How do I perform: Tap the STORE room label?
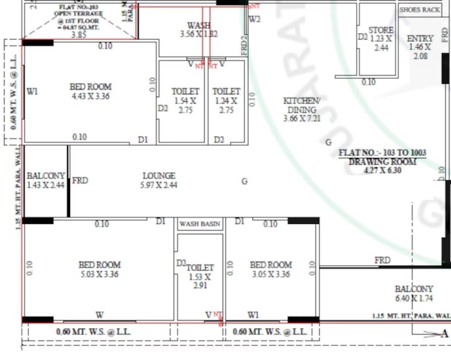point(381,30)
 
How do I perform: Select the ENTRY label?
point(420,39)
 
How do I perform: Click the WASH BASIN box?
point(200,224)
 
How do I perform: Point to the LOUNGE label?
point(159,176)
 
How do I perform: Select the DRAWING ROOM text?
point(382,162)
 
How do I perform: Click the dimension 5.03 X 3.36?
point(99,274)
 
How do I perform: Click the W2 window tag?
point(255,19)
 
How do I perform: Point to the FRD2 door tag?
point(244,45)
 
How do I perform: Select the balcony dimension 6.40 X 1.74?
point(414,298)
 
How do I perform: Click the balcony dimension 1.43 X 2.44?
point(46,185)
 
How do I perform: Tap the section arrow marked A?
point(445,333)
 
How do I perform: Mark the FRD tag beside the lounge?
point(80,181)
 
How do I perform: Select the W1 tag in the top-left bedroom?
point(32,92)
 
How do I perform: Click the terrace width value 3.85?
point(79,35)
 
